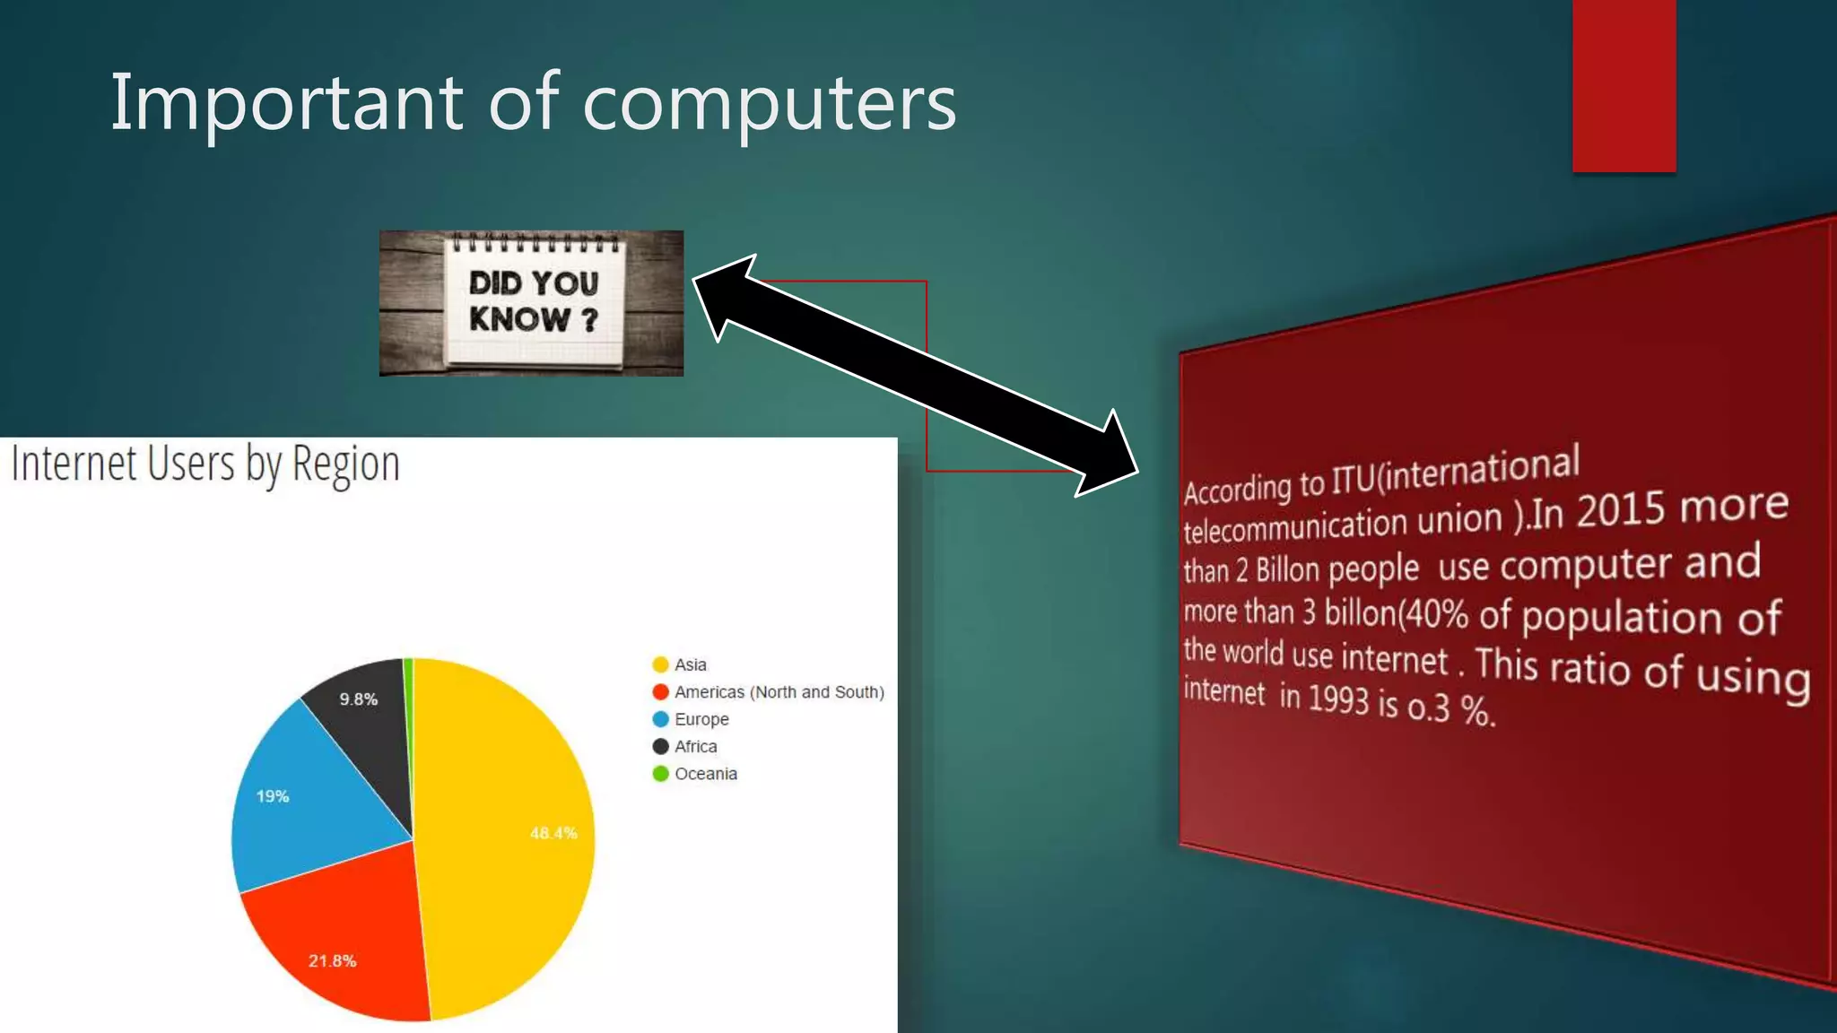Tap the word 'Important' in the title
click(x=286, y=102)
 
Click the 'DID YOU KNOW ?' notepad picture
click(x=531, y=303)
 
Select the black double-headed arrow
click(x=915, y=375)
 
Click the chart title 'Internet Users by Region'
click(x=205, y=464)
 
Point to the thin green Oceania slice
click(x=409, y=681)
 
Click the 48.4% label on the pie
click(x=553, y=833)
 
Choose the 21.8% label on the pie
click(x=332, y=960)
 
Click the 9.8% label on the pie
click(x=358, y=699)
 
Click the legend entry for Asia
click(x=690, y=664)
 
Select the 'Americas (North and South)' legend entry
click(x=779, y=692)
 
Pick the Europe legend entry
click(x=701, y=719)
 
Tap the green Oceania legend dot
click(x=661, y=774)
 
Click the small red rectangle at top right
click(x=1624, y=86)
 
